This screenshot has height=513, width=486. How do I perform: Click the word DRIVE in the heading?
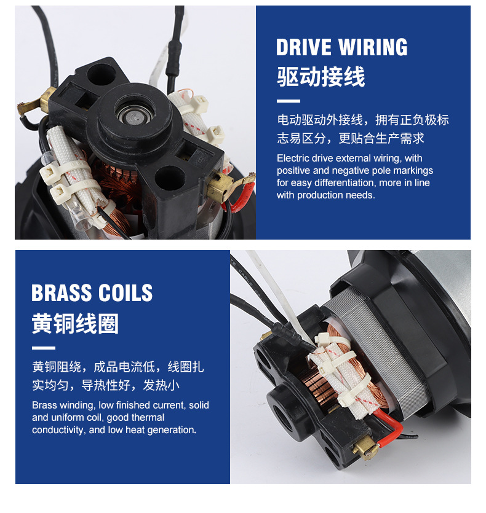303,47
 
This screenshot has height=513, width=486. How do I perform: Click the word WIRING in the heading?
373,47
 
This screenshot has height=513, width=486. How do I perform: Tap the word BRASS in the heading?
62,292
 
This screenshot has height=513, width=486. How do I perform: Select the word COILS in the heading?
125,292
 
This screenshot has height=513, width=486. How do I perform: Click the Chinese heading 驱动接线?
321,77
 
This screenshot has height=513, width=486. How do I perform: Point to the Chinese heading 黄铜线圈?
75,323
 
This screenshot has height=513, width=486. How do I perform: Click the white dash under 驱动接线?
289,101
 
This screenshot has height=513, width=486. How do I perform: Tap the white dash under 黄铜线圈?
44,348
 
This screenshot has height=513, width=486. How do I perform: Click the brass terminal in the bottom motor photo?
365,448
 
